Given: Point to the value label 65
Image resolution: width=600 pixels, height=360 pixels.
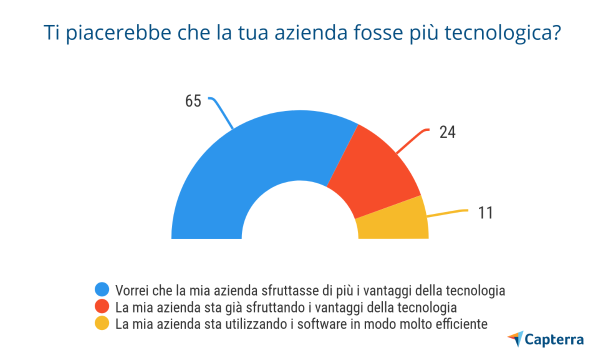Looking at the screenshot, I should [x=193, y=101].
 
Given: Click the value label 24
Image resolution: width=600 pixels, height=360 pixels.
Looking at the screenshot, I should [x=447, y=132].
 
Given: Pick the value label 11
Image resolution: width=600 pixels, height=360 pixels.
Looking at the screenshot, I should [x=485, y=213].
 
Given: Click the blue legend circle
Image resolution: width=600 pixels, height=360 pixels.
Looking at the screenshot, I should [x=102, y=290].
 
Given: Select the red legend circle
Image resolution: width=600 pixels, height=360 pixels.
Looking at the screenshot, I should [x=102, y=306].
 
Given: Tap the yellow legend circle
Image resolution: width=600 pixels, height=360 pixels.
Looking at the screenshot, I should [x=102, y=323].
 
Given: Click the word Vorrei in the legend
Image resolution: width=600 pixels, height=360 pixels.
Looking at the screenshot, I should [x=130, y=290].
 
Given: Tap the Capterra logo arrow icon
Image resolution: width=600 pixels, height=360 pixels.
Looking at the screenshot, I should [x=515, y=338].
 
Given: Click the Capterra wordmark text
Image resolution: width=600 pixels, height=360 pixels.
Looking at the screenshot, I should [x=554, y=340].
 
